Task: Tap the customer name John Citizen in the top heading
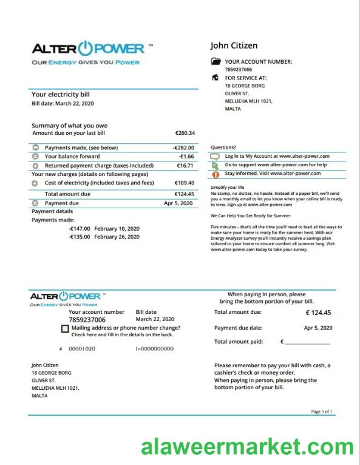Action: tap(234, 46)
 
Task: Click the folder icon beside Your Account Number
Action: tap(216, 61)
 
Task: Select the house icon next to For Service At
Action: tap(215, 78)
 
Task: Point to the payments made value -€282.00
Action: tap(183, 148)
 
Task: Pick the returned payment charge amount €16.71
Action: tap(185, 165)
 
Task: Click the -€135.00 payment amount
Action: tap(80, 237)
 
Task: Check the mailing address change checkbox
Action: tap(65, 328)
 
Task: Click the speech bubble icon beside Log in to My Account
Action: tap(214, 156)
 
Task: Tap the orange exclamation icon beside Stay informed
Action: tap(214, 174)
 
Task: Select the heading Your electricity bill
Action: tap(60, 95)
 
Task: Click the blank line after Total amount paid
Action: tap(307, 342)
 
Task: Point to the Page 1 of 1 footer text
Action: tap(321, 412)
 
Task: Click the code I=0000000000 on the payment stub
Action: tap(154, 349)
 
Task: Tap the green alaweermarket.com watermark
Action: tap(247, 448)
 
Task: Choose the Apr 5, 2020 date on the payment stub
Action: tap(318, 328)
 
